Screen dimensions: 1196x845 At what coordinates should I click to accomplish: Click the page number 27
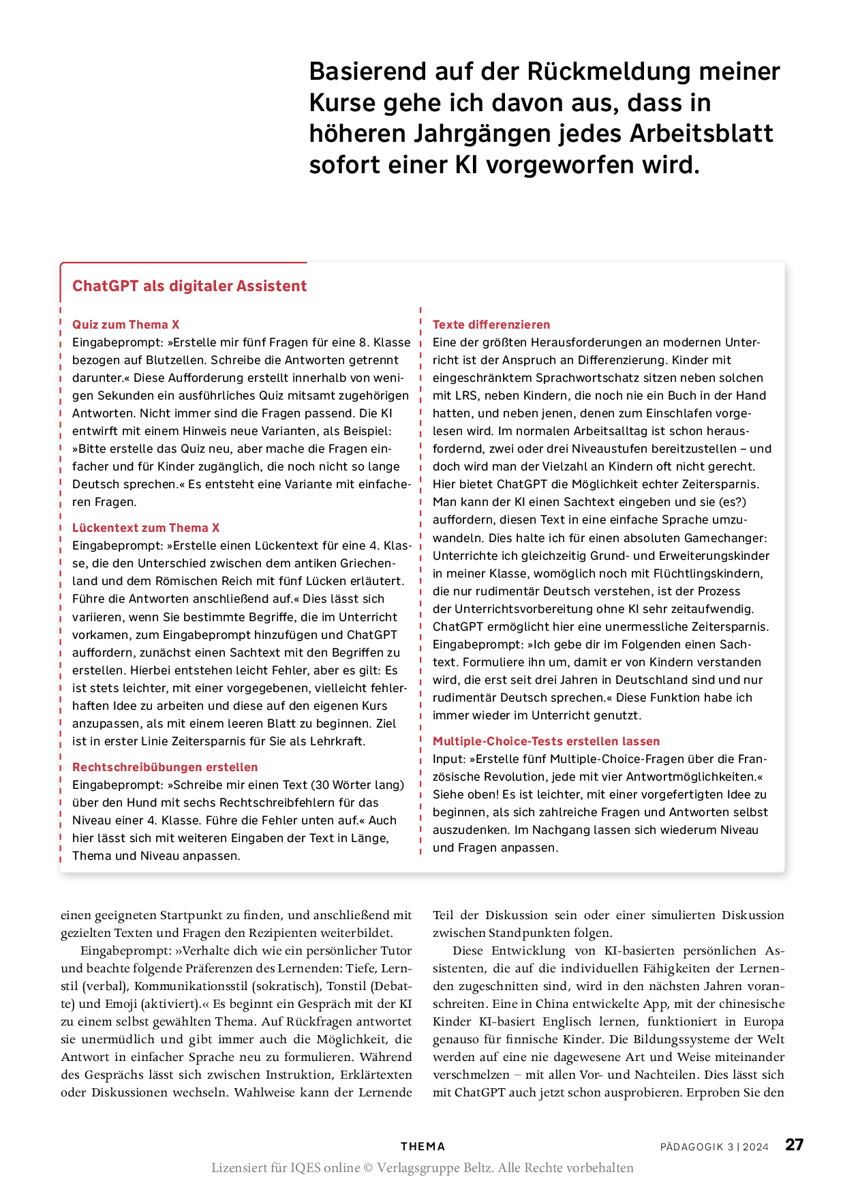click(x=794, y=1145)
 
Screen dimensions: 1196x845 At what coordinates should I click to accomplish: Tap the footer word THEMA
click(x=422, y=1147)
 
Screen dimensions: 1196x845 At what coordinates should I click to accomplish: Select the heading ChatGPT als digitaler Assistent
click(x=189, y=286)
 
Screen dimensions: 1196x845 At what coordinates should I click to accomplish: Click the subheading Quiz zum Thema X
click(x=126, y=325)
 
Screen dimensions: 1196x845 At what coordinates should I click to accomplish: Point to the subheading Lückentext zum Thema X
click(x=146, y=528)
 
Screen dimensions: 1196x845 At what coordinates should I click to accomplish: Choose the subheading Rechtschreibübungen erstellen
click(x=165, y=767)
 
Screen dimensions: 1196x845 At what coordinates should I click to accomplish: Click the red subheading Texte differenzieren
click(x=491, y=325)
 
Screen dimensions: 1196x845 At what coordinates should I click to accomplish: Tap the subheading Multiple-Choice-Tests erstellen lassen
click(x=546, y=741)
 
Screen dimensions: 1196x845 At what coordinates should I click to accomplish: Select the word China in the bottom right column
click(x=547, y=1004)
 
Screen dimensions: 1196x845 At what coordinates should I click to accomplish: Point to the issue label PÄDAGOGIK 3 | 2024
click(x=714, y=1147)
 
